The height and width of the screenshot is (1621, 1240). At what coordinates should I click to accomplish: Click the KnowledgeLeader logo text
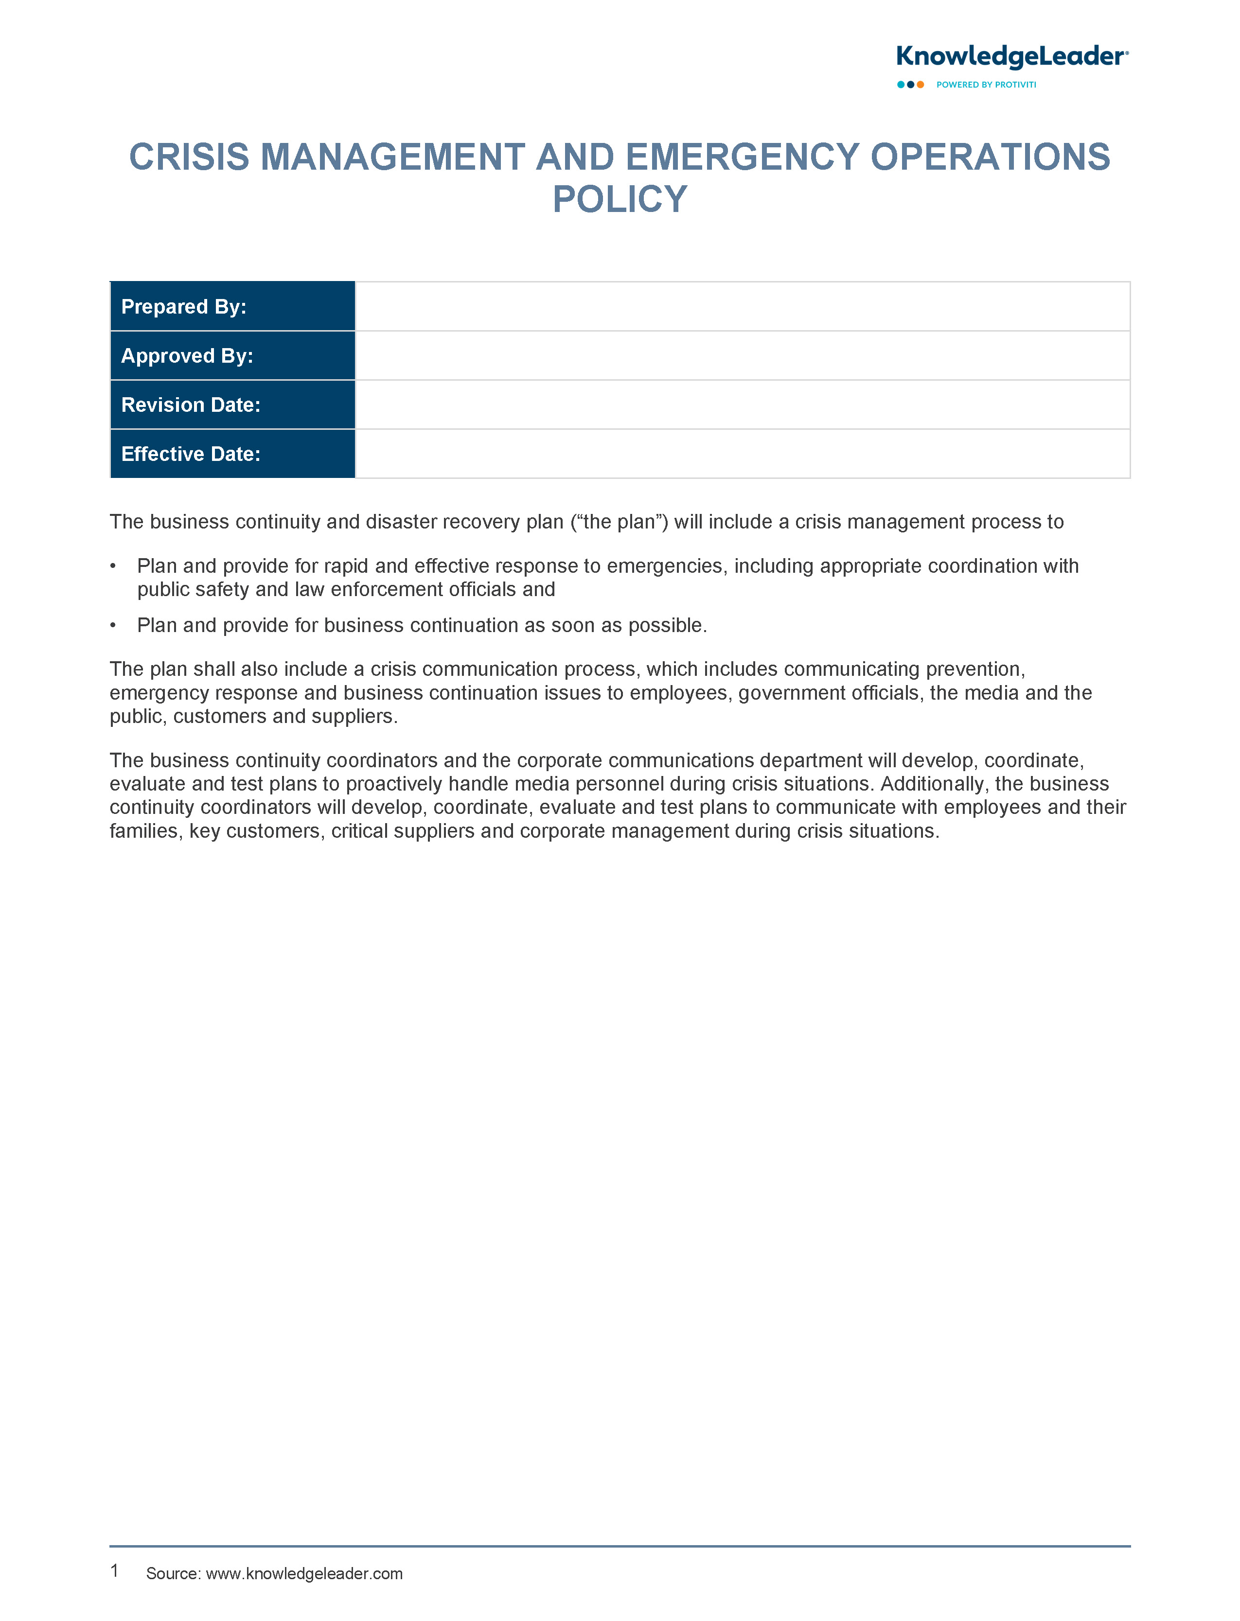pyautogui.click(x=1011, y=57)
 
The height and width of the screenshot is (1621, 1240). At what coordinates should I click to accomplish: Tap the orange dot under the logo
pyautogui.click(x=921, y=85)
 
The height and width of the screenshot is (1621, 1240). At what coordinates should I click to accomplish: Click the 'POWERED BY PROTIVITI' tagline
pyautogui.click(x=986, y=85)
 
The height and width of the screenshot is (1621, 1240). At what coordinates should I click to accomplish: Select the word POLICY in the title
pyautogui.click(x=620, y=199)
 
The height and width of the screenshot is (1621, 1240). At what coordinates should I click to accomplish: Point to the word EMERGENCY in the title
pyautogui.click(x=742, y=157)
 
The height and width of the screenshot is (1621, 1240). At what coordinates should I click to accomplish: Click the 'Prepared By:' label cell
pyautogui.click(x=232, y=306)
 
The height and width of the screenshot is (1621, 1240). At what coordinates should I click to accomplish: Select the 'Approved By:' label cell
pyautogui.click(x=232, y=355)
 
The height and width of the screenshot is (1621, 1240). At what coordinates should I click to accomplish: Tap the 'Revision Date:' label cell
pyautogui.click(x=232, y=405)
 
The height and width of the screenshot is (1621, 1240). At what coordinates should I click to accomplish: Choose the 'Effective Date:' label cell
pyautogui.click(x=232, y=454)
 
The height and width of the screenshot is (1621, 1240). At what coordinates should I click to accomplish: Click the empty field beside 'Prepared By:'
pyautogui.click(x=742, y=306)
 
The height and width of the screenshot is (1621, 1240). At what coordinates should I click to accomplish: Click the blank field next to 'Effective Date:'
pyautogui.click(x=742, y=454)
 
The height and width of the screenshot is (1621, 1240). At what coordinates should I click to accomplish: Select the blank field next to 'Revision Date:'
pyautogui.click(x=742, y=405)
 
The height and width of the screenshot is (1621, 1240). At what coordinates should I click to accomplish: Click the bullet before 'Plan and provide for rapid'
pyautogui.click(x=113, y=566)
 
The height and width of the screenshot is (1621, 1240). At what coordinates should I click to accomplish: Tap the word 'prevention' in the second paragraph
pyautogui.click(x=974, y=669)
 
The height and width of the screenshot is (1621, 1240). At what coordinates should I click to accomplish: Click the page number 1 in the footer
pyautogui.click(x=114, y=1571)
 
